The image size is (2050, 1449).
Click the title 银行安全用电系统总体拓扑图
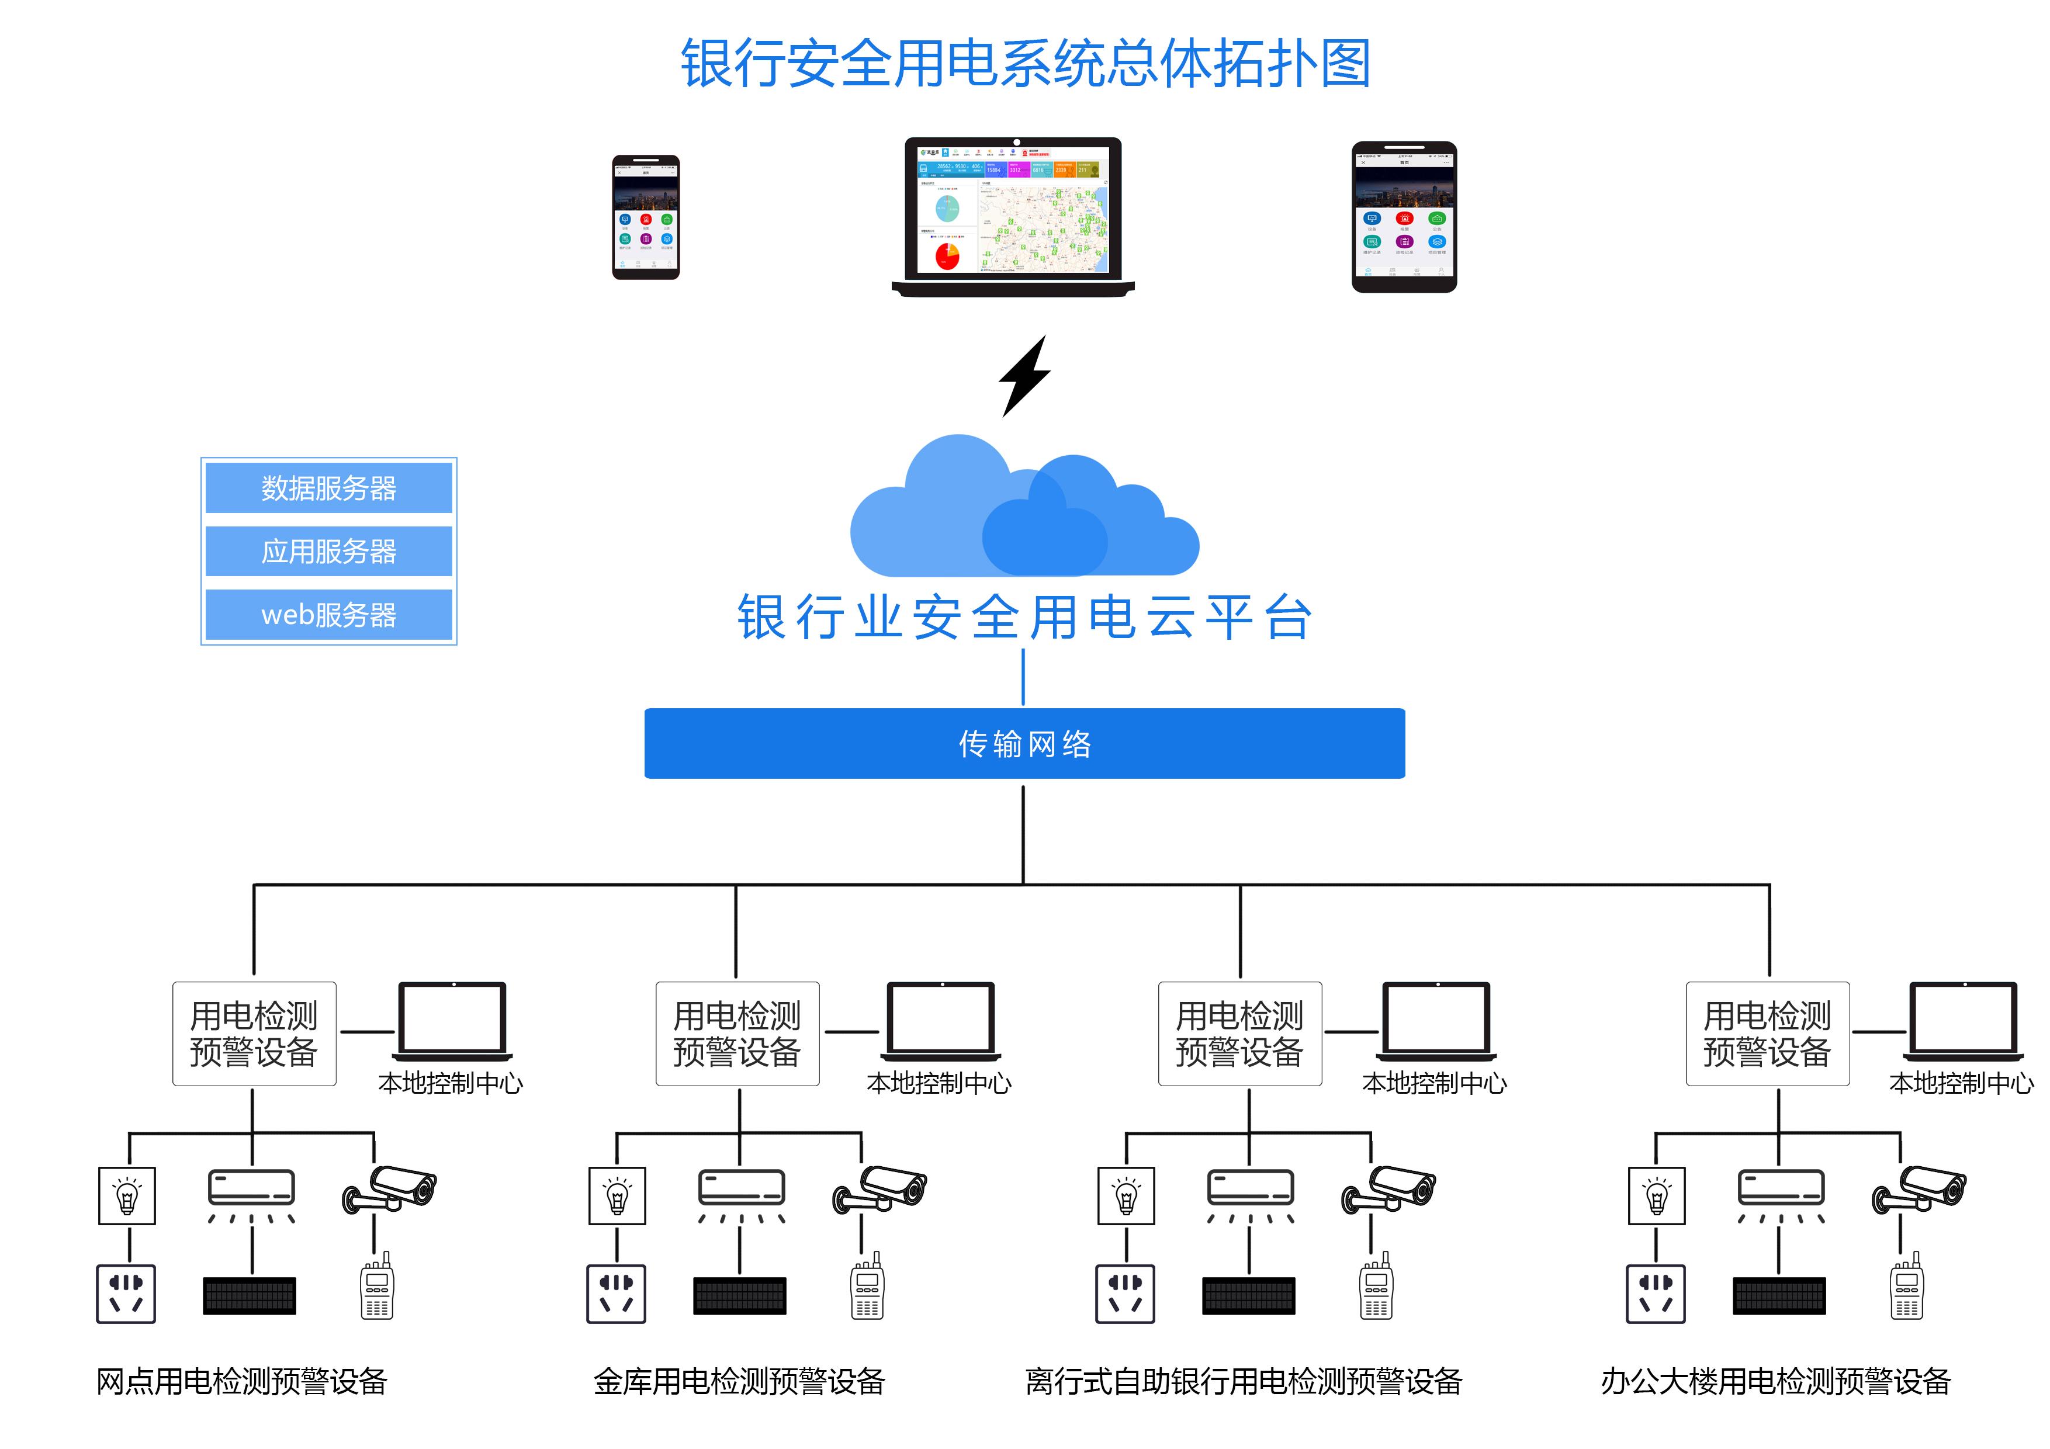[1025, 64]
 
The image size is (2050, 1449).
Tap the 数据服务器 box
[328, 487]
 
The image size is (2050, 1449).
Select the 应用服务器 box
[328, 551]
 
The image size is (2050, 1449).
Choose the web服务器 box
[328, 614]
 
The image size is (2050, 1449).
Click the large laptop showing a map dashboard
[1013, 214]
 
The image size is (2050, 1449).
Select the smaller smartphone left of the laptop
[646, 217]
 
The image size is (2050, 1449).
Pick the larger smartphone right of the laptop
[1404, 216]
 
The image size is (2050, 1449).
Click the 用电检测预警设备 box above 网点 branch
[254, 1033]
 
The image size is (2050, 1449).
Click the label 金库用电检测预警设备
[739, 1381]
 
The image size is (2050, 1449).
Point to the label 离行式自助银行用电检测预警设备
[1243, 1381]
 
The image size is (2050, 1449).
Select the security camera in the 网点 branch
[390, 1189]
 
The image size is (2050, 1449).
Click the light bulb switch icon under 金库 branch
[617, 1195]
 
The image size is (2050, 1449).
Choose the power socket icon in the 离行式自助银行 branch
[1125, 1293]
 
